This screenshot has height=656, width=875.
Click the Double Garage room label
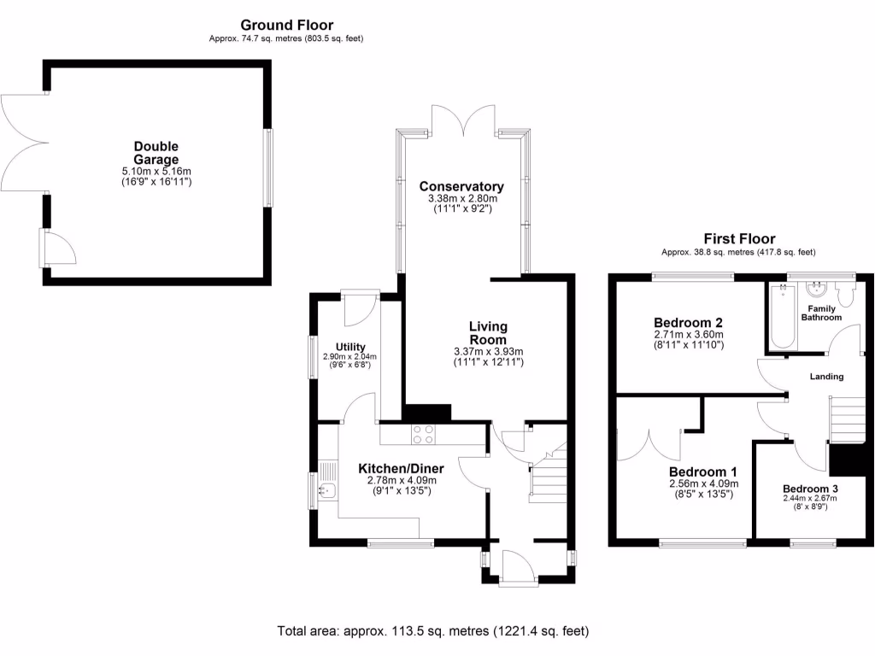pos(156,153)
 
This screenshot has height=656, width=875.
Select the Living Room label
pos(488,332)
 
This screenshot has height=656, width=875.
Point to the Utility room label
pos(345,346)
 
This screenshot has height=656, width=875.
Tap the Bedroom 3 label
pos(810,489)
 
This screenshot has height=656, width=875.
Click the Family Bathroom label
pos(820,313)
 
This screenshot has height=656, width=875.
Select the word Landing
pos(826,377)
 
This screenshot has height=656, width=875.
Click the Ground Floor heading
pos(286,26)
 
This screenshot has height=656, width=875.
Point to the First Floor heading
pos(739,239)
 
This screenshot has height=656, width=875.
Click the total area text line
pos(433,632)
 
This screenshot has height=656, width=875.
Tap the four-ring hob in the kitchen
pos(422,434)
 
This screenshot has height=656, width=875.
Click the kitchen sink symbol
pos(328,489)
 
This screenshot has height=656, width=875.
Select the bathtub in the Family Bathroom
pos(782,318)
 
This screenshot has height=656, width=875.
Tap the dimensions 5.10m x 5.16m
pos(156,172)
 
